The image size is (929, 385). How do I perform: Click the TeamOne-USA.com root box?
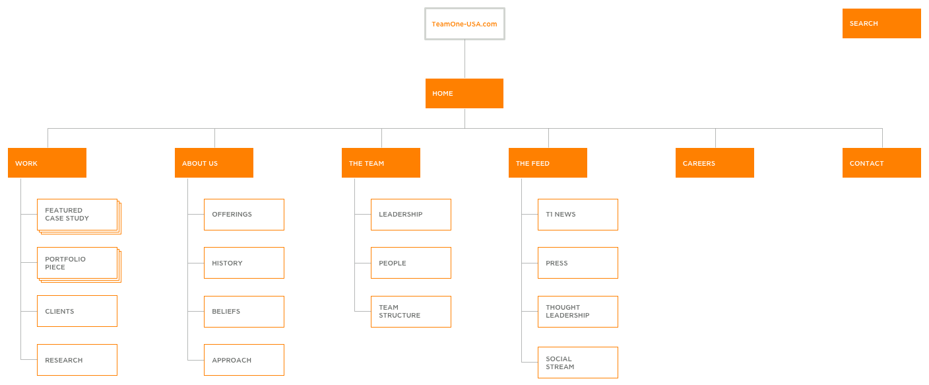coord(464,24)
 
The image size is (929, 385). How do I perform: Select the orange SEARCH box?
coord(881,23)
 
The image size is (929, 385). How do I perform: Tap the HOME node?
coord(464,93)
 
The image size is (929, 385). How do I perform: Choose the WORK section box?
coord(47,162)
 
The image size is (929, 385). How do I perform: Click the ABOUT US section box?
coord(214,162)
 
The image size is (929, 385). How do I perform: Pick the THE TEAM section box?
coord(381,162)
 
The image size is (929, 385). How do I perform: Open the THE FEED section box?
coord(548,162)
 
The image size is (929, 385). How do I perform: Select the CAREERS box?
coord(715,162)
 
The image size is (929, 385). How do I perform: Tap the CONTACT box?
coord(881,162)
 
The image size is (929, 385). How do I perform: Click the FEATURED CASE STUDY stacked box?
coord(79,216)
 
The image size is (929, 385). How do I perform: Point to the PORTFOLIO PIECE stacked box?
coord(79,265)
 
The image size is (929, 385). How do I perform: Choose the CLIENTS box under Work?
coord(77,311)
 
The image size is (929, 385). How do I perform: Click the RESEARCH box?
coord(77,360)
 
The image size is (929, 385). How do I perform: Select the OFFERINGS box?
coord(244,215)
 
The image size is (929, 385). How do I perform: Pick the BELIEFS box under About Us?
coord(244,312)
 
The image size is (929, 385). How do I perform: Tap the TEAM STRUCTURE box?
coord(411,312)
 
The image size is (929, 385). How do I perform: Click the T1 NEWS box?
coord(578,215)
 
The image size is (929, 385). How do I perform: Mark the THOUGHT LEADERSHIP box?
coord(578,312)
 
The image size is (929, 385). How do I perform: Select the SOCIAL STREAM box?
coord(578,363)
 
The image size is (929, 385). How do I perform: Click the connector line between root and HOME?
coord(464,59)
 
